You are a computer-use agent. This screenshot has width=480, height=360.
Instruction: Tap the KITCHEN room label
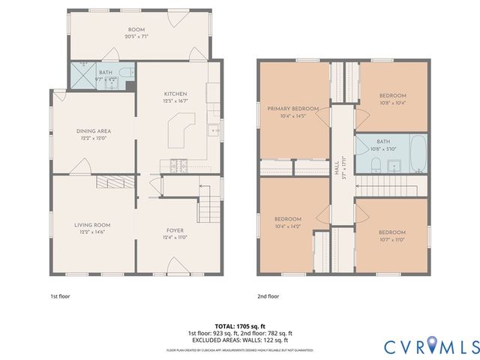[x=175, y=94]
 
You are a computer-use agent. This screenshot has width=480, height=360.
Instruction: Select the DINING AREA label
[x=94, y=130]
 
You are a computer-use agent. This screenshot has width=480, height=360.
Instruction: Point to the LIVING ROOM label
[x=92, y=224]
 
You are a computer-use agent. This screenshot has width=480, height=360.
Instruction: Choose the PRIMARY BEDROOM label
[x=293, y=109]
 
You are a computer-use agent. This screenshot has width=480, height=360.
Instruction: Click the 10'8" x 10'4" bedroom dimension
[x=392, y=103]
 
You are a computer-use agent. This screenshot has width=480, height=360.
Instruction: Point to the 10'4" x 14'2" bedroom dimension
[x=287, y=226]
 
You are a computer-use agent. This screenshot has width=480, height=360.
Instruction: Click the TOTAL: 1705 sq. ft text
[x=240, y=326]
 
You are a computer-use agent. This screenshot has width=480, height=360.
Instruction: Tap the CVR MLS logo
[x=431, y=346]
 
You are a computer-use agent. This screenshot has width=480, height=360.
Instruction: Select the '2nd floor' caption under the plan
[x=267, y=296]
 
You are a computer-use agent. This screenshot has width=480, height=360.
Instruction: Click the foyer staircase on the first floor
[x=211, y=201]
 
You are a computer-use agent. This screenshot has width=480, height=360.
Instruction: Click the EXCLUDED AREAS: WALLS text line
[x=240, y=340]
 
